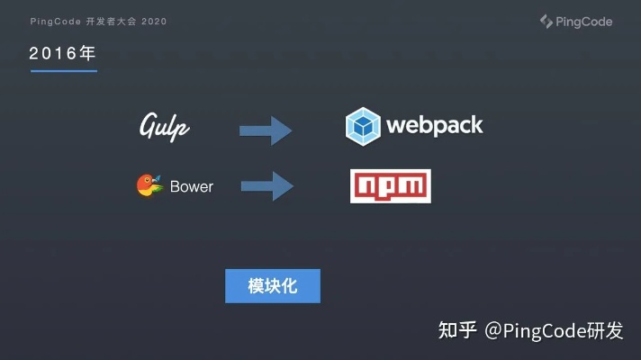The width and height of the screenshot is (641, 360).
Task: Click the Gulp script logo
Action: [164, 127]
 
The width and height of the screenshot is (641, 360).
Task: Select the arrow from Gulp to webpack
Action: [266, 130]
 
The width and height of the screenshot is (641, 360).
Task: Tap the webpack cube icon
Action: [362, 126]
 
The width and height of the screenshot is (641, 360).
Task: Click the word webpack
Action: [434, 125]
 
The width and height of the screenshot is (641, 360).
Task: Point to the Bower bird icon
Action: [149, 185]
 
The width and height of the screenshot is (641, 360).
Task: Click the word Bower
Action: [192, 187]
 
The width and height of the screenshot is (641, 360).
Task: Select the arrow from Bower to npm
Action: [266, 187]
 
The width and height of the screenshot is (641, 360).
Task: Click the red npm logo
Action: [391, 186]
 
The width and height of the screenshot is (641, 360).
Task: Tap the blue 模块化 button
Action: [272, 286]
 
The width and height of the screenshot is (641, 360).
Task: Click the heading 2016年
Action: [62, 54]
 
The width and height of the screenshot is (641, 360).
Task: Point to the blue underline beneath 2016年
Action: [63, 70]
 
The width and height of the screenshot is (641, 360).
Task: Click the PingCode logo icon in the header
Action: [546, 21]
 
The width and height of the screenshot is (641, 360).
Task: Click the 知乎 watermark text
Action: [456, 331]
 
